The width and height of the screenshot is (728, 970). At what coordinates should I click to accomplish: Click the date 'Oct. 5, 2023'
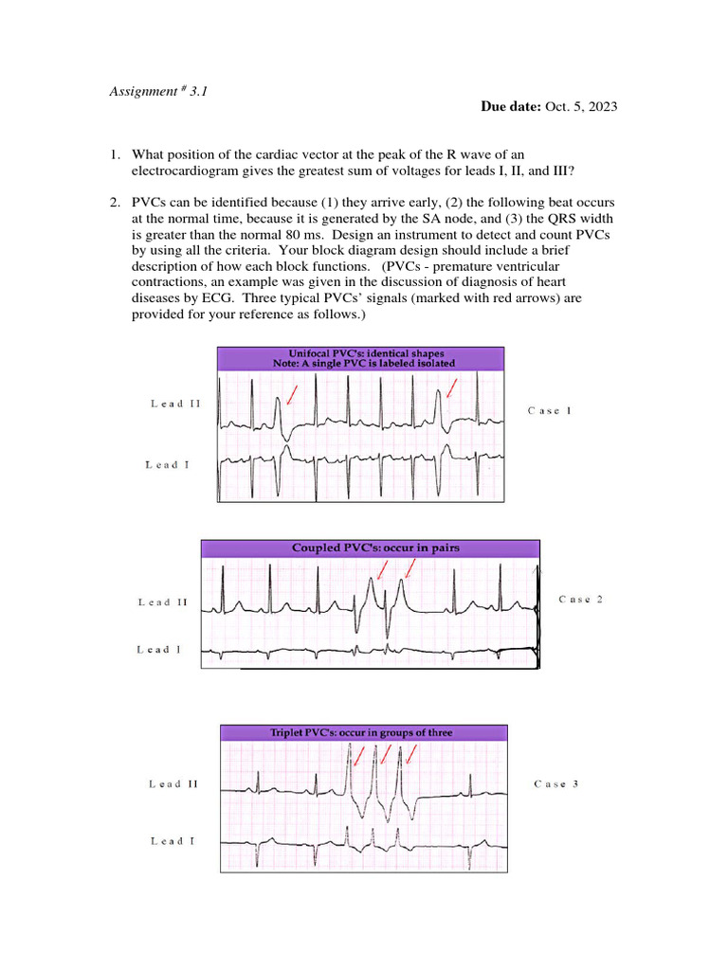tap(581, 107)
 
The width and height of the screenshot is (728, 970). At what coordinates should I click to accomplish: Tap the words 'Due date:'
tap(511, 107)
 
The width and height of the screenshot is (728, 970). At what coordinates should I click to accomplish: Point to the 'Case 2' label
tap(580, 599)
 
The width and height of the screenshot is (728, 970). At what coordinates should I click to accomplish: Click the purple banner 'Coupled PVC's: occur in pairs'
tap(370, 548)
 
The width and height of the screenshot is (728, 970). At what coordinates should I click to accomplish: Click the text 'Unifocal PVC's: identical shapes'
tap(360, 353)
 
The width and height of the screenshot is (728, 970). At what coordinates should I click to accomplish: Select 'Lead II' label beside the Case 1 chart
tap(175, 404)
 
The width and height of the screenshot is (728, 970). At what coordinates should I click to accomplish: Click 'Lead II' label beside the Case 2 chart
tap(163, 602)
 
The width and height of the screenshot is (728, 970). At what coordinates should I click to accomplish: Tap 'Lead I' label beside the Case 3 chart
tap(173, 840)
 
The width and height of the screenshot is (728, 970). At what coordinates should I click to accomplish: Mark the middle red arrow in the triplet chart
tap(386, 755)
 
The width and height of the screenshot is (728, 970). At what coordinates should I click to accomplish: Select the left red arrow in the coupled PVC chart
tap(382, 569)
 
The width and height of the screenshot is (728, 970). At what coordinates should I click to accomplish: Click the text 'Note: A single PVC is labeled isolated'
tap(360, 364)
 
